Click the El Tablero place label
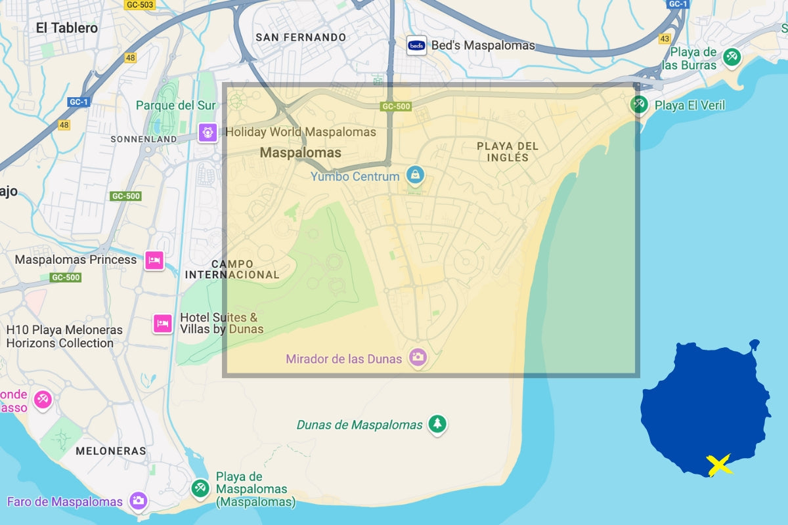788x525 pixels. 66,28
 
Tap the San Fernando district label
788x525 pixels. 300,37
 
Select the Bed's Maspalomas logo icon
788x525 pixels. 416,45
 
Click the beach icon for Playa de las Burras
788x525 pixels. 732,57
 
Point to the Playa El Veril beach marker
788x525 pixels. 638,104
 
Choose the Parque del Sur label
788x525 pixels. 175,106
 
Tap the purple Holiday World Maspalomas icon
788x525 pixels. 208,133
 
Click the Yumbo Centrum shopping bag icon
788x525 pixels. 415,175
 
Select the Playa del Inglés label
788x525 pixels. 507,152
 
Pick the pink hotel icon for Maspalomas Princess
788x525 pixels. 154,260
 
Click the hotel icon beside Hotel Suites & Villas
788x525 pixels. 163,324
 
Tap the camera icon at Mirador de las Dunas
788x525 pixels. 418,358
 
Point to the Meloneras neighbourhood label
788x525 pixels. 110,451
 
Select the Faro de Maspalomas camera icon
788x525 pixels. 138,501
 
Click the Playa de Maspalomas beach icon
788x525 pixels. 200,488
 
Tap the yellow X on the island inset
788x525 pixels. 719,465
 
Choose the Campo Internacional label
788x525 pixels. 232,269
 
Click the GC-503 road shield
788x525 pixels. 139,5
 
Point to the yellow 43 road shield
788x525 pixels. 665,39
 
